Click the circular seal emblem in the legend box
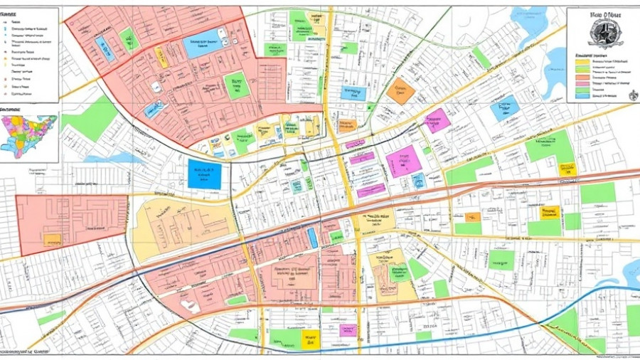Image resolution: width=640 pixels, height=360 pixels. click(604, 33)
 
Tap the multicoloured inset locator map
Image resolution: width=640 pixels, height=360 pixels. click(28, 136)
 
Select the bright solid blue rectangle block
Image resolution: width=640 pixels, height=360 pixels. click(204, 174)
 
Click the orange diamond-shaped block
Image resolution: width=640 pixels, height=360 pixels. click(400, 91)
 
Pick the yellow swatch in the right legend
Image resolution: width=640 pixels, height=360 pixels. click(580, 63)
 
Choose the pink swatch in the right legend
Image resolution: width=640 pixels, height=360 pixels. click(580, 81)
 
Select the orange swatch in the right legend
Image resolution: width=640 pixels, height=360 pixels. click(580, 72)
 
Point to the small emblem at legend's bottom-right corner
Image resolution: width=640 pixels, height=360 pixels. click(627, 94)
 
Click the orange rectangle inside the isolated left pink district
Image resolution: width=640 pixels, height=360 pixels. click(52, 239)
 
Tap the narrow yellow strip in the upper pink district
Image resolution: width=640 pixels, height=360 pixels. click(161, 58)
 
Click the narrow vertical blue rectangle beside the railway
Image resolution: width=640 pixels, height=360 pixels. click(312, 238)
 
